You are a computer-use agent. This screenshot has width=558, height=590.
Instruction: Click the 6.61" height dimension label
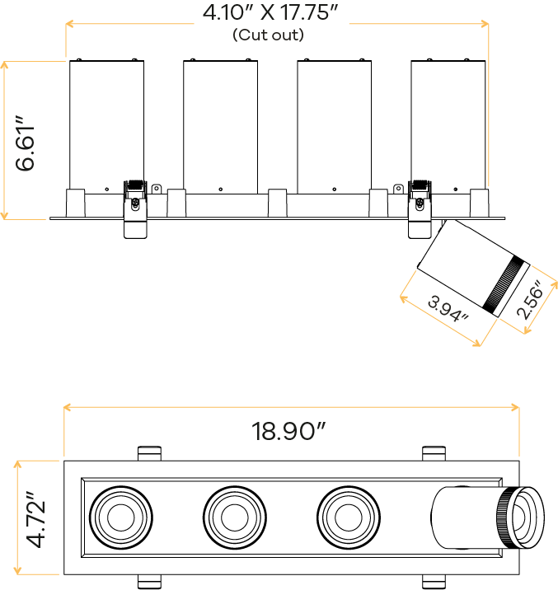point(25,143)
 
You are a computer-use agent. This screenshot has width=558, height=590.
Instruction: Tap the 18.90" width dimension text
point(288,431)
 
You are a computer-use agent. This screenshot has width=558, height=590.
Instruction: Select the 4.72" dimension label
point(35,519)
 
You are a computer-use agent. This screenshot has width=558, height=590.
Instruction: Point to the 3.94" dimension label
point(448,309)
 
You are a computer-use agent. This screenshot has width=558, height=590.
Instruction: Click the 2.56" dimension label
point(531,299)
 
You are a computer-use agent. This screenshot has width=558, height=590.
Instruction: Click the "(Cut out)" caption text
point(268,35)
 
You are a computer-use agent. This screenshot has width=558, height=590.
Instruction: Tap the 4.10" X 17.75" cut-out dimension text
point(270,12)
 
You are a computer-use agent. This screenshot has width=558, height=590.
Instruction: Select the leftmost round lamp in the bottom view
point(121,517)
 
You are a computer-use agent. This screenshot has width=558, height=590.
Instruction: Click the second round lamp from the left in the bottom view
point(235,517)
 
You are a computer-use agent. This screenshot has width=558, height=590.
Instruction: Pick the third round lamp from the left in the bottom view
point(349,517)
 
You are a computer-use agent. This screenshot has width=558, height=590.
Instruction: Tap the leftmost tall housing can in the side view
point(107,127)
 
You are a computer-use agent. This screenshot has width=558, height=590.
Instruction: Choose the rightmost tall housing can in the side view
point(448,127)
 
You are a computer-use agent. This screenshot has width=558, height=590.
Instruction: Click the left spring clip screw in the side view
point(135,204)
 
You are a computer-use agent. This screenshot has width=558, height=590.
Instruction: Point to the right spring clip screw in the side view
point(420,204)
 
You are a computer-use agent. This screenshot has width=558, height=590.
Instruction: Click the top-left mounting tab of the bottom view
point(149,453)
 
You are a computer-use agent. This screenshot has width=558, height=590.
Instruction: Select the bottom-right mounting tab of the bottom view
point(434,582)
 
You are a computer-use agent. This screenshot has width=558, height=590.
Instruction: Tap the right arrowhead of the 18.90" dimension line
point(515,407)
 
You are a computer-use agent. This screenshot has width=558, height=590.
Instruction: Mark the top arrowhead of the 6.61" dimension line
point(4,65)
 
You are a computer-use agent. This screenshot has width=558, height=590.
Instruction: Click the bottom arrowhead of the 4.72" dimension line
point(17,570)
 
